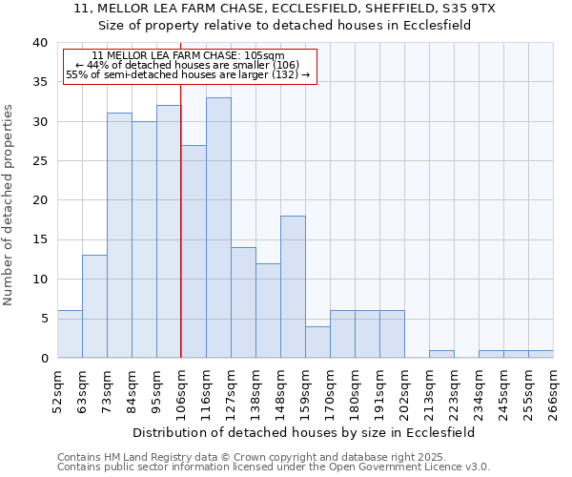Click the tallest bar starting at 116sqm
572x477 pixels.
point(218,228)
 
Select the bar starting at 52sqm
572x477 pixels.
point(70,334)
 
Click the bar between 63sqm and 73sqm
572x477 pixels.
point(94,306)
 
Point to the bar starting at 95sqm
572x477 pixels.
point(169,232)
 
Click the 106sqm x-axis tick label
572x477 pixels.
point(181,391)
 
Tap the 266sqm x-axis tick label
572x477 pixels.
point(553,391)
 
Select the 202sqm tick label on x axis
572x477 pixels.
point(404,391)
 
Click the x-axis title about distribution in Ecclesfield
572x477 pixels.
point(303,432)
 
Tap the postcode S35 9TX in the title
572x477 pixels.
point(470,8)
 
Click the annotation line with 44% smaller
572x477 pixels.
point(188,65)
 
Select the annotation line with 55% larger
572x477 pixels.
point(188,74)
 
